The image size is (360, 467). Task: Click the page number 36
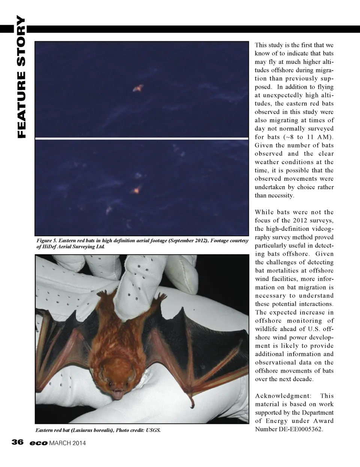click(18, 442)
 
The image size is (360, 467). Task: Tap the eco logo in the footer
click(39, 443)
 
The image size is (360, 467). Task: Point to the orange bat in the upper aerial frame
click(138, 89)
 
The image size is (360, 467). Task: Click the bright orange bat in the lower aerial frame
click(136, 190)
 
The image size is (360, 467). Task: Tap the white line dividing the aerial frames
click(142, 139)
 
